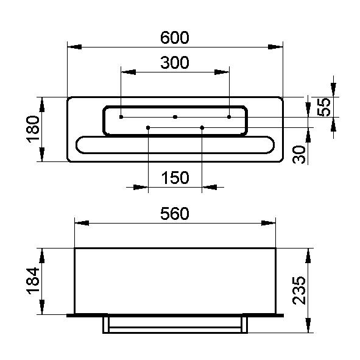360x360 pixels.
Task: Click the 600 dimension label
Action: pos(174,38)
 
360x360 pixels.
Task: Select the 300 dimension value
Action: pos(174,63)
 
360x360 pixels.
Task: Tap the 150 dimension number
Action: pos(175,178)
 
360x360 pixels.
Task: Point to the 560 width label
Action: pos(174,214)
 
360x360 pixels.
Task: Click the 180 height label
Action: pos(33,129)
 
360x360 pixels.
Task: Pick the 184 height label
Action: pos(33,281)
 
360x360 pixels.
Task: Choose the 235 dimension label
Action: pos(299,291)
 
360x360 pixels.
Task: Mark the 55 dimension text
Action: pos(323,107)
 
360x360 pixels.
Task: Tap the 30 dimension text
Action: pos(299,155)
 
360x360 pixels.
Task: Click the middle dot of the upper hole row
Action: pos(175,117)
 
